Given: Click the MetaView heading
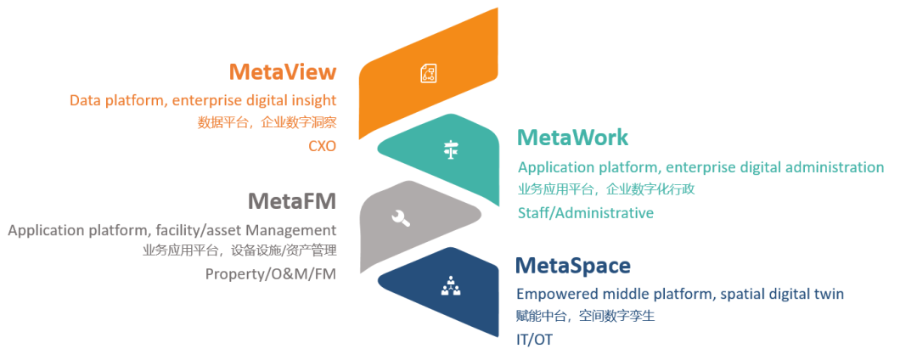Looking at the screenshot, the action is (x=283, y=71).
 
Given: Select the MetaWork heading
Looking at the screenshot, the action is (x=572, y=138).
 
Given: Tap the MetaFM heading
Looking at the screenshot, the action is (x=292, y=201).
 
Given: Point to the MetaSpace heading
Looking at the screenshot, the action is (x=573, y=266).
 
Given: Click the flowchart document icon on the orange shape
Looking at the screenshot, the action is (x=429, y=73).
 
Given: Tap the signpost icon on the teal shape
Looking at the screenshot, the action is (x=450, y=149).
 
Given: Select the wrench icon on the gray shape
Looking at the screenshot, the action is (x=401, y=218).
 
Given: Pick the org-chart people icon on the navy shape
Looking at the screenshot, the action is (x=450, y=285).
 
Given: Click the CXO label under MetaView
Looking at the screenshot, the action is (x=323, y=146).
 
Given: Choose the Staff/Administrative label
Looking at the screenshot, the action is (x=585, y=213).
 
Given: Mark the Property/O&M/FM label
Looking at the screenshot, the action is (x=271, y=273).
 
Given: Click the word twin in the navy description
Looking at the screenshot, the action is (x=830, y=294).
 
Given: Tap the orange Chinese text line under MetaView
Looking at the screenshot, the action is (x=267, y=123).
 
